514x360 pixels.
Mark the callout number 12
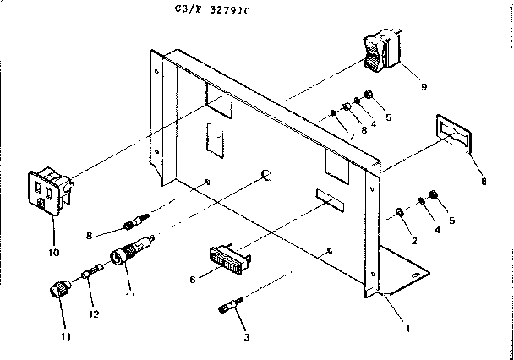94,314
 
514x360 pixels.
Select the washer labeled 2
400,210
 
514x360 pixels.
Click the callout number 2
413,241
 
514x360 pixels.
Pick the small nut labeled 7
334,114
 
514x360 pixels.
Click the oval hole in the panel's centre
266,175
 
